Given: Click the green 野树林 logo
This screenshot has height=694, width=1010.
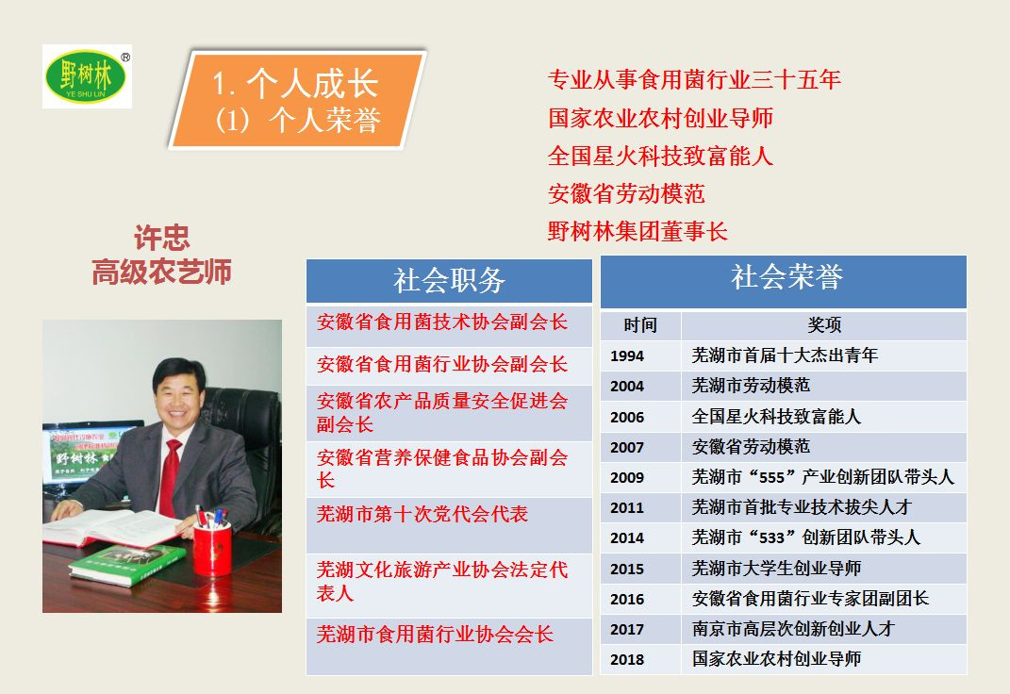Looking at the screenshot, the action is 87,76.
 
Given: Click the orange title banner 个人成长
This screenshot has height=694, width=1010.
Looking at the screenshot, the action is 297,100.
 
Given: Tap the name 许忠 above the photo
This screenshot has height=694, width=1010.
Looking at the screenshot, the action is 161,239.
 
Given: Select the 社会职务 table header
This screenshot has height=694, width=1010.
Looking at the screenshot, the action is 449,281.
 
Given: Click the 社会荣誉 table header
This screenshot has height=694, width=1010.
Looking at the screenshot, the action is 784,281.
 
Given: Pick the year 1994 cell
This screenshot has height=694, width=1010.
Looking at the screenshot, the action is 627,356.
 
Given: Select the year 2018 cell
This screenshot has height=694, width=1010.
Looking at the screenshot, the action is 627,660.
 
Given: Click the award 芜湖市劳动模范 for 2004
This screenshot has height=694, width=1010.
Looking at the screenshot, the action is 751,386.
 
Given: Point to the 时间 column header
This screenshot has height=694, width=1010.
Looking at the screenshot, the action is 640,325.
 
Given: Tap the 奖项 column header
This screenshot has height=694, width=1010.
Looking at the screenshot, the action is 824,325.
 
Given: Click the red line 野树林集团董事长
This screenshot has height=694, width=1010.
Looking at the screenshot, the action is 637,231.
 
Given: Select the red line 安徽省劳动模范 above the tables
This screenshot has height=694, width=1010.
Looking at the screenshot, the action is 627,194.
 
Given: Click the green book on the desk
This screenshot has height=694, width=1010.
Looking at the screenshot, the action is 127,565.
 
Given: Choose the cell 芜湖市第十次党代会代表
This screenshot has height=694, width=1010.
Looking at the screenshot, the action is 422,514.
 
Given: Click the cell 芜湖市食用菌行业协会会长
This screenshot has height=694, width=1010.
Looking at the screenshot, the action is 435,635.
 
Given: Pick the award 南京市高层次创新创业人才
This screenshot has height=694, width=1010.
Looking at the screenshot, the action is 794,629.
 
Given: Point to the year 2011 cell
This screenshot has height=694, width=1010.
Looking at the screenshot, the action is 627,508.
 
